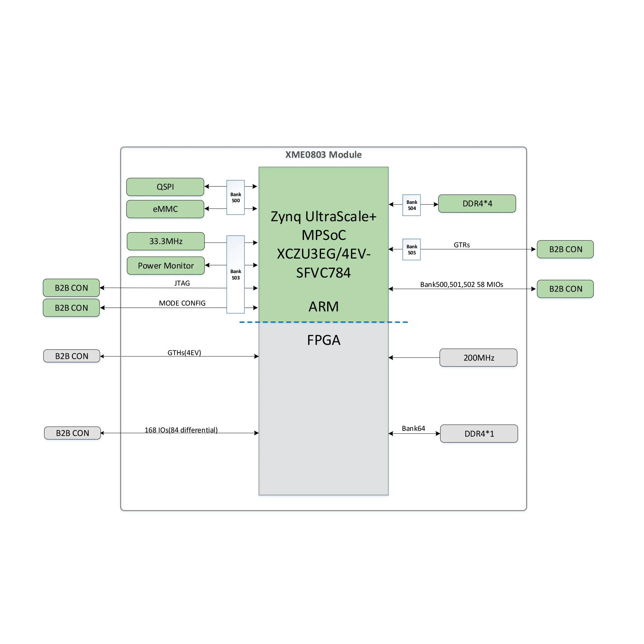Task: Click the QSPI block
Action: (x=165, y=187)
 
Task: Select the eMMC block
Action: (x=165, y=209)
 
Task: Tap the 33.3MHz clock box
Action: (x=166, y=241)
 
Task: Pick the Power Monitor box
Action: (x=166, y=266)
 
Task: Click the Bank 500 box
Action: (x=236, y=197)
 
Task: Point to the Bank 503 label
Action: (x=236, y=275)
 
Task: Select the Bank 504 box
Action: (x=412, y=205)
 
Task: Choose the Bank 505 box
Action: (x=412, y=249)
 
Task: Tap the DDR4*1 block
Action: (x=479, y=434)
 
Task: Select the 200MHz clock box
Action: (x=478, y=358)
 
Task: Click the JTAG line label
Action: (x=182, y=283)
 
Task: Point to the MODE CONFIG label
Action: (x=182, y=303)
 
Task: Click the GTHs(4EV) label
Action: (x=184, y=353)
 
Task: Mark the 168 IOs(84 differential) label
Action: (x=181, y=430)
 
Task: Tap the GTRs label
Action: (x=462, y=245)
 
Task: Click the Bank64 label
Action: (x=413, y=428)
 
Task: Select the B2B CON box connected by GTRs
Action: (x=565, y=249)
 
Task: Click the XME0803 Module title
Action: (x=323, y=155)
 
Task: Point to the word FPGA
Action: (x=323, y=340)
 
